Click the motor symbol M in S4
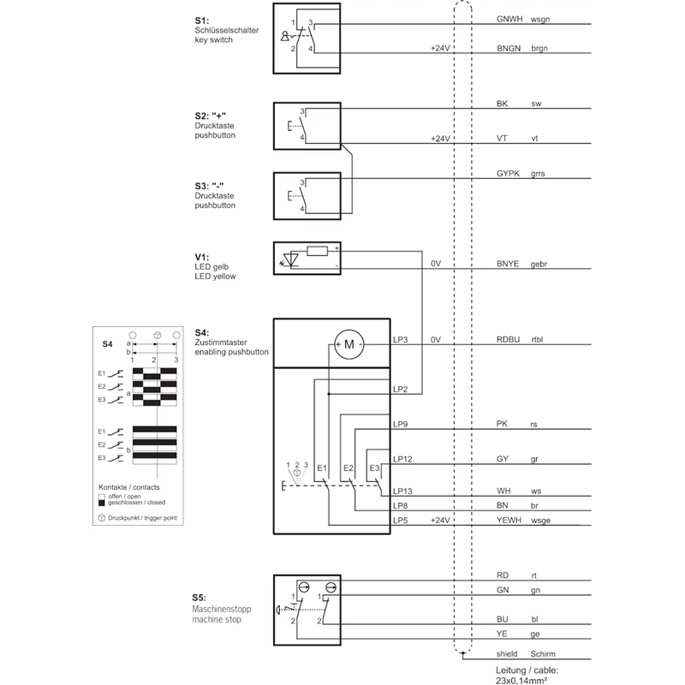(349, 344)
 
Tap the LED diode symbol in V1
(290, 259)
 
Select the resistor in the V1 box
(317, 251)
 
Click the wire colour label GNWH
(509, 19)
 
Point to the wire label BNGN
(509, 49)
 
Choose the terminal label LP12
(402, 459)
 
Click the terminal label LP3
(400, 339)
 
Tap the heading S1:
(202, 21)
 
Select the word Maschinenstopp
(222, 609)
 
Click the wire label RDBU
(508, 339)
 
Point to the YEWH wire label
(509, 521)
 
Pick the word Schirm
(543, 654)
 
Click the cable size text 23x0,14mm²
(521, 680)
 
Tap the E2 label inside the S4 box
(348, 468)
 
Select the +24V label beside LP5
(440, 521)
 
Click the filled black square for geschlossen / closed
(102, 503)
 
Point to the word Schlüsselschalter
(227, 30)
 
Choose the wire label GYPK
(508, 174)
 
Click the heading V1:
(202, 258)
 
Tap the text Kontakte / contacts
(129, 487)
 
